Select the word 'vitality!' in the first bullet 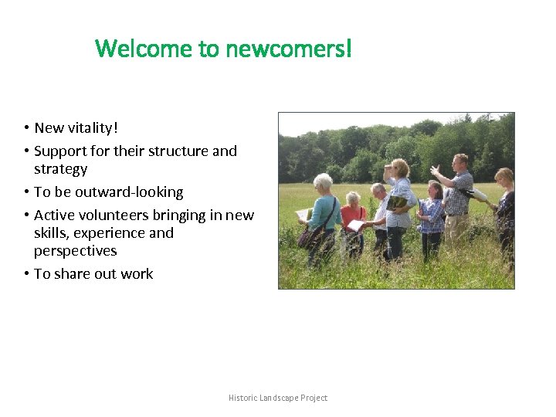point(93,127)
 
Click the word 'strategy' point(60,169)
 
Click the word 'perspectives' point(75,251)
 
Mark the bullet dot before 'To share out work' point(25,274)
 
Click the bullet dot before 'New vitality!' point(25,127)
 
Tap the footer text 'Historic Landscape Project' point(278,398)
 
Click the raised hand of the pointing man point(436,169)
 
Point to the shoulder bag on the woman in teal point(310,236)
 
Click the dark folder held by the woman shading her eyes point(397,203)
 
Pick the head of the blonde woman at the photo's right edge point(503,178)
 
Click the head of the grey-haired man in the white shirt point(378,190)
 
